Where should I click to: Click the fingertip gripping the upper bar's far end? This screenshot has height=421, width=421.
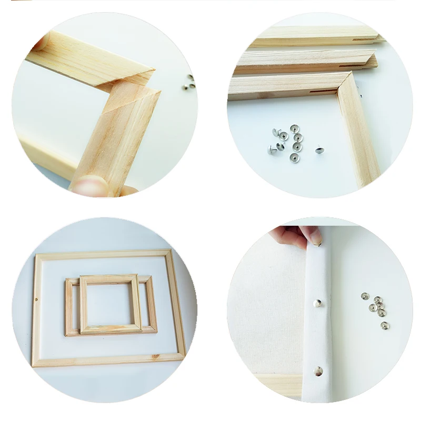(39, 42)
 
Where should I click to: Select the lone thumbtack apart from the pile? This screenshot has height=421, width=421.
(319, 150)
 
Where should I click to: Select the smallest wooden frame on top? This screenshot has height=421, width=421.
(111, 304)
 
